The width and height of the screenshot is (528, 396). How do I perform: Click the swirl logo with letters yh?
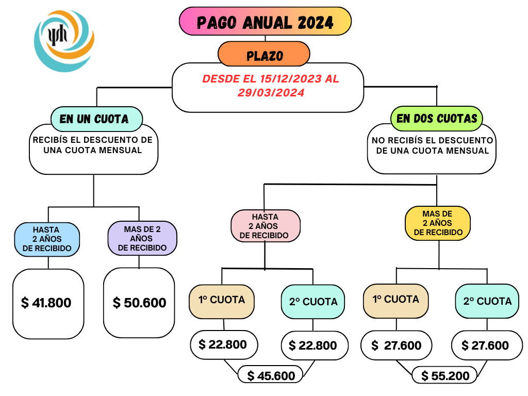64,41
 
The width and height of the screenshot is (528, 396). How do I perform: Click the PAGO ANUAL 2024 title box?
265,21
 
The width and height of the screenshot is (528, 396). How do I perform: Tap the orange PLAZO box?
263,54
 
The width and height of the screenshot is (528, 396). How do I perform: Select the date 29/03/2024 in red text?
271,93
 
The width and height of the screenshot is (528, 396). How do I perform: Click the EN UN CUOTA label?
96,119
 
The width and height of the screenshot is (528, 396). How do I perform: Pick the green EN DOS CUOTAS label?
436,119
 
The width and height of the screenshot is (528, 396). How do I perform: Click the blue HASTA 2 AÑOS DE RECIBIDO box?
47,239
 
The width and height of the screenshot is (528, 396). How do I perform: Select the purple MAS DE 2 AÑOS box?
142,238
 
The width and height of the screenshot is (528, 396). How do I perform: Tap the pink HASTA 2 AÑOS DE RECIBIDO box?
266,226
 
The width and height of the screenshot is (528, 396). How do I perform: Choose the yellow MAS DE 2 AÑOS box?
437,223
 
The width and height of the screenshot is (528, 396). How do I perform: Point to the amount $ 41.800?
46,303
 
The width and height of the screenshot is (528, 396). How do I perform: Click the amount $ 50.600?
139,303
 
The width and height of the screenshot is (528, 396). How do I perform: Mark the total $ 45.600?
271,376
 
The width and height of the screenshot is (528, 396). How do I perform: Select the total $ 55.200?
445,376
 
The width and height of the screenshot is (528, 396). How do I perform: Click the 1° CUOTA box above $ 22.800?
222,301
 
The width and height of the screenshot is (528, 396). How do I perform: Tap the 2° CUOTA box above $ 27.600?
487,301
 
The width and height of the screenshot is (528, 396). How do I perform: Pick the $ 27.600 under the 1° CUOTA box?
397,345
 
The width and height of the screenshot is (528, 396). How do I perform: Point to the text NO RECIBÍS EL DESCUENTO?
433,140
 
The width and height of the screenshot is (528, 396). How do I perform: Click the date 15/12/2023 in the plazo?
291,79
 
